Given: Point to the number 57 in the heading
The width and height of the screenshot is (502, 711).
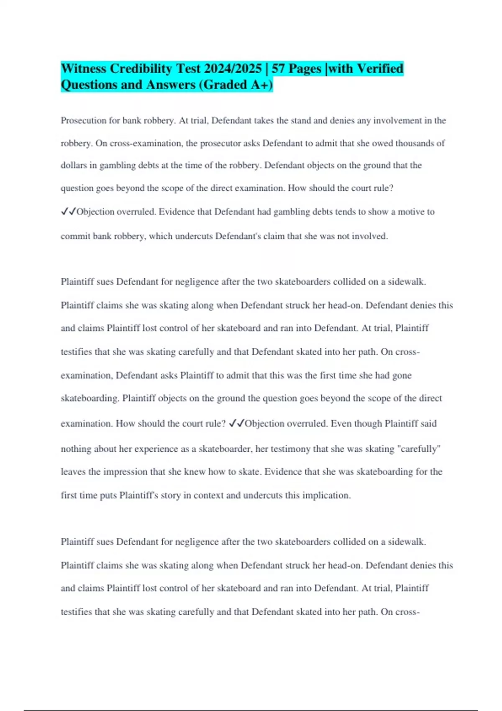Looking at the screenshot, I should coord(279,69).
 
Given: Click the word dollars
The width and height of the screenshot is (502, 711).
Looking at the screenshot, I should coord(74,166).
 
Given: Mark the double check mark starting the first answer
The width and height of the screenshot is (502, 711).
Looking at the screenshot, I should coord(68,212).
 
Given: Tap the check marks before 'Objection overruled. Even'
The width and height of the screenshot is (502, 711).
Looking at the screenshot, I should coord(237,423).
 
